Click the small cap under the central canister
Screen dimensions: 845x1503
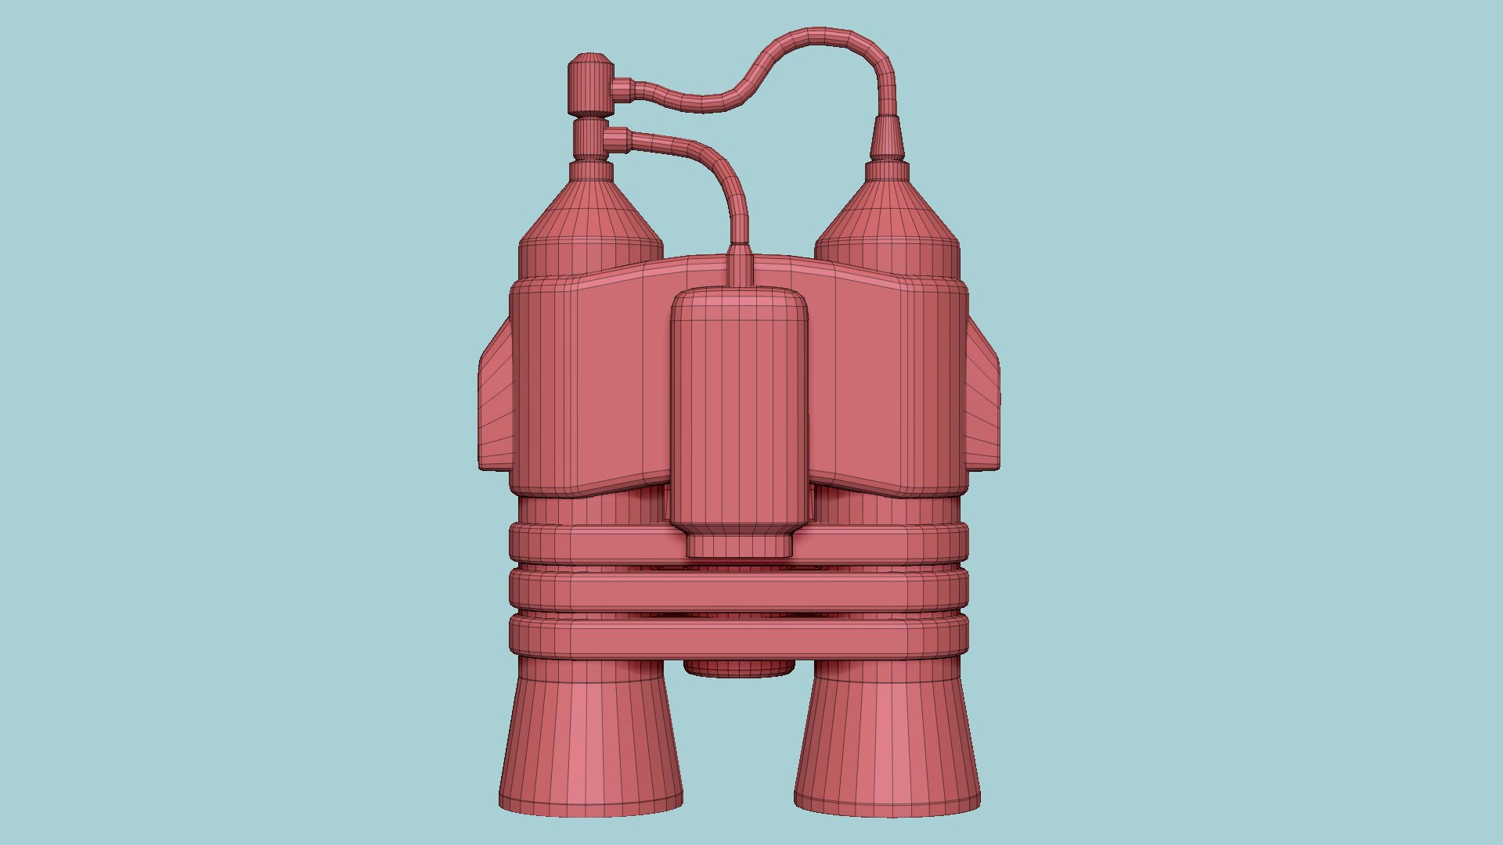click(739, 545)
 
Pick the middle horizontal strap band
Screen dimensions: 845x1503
click(739, 591)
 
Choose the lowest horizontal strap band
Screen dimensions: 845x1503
click(739, 638)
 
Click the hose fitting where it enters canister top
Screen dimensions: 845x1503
click(740, 266)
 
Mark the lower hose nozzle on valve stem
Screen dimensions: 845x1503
click(617, 139)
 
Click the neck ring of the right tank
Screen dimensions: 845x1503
click(887, 171)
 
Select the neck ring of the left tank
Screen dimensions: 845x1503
click(591, 171)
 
